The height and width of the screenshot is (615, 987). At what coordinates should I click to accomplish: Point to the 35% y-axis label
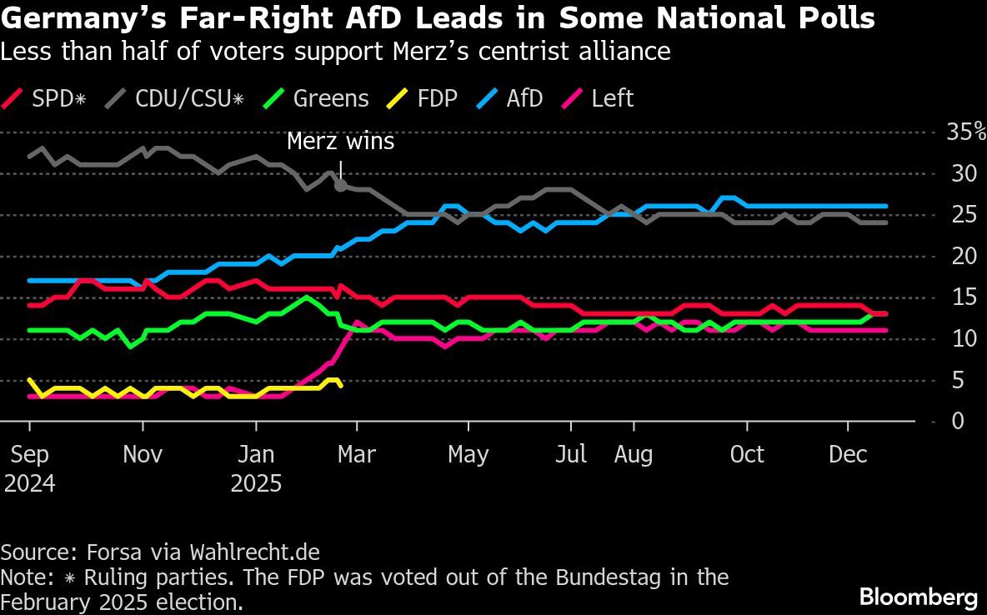point(965,132)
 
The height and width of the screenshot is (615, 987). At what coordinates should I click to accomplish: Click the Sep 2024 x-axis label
point(30,469)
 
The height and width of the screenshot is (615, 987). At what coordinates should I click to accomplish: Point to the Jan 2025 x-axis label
point(256,469)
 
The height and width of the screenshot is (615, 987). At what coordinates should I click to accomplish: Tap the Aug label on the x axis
point(634,455)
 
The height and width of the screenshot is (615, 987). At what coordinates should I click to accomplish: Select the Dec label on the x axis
point(848,455)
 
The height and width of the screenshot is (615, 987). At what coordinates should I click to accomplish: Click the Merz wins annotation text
point(340,142)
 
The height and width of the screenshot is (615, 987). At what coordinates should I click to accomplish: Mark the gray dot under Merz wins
point(340,186)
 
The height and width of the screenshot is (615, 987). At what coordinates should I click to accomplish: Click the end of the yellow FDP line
point(340,385)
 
